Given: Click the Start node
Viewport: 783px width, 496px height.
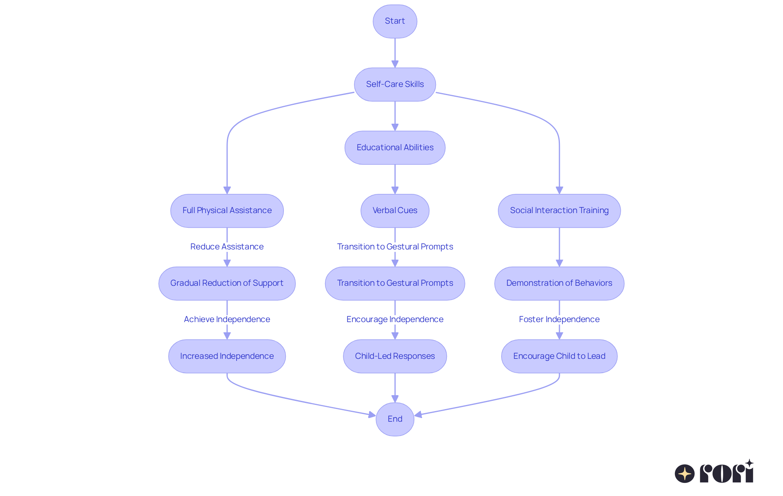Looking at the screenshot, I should pos(395,21).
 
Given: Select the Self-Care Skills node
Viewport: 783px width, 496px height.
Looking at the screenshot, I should pos(395,85).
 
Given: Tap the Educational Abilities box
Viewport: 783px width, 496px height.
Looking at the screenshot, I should pos(395,148).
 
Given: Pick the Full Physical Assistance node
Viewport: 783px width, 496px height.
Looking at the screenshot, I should pos(227,211).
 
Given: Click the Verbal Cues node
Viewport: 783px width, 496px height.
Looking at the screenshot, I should pos(395,211).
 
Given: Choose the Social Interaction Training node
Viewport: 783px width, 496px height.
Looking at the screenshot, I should pos(559,211).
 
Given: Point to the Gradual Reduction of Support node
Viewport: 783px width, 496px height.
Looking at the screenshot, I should pos(227,283).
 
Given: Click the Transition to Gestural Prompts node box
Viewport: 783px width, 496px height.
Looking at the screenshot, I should pos(395,283).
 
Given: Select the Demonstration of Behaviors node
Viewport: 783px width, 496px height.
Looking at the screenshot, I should pos(559,283).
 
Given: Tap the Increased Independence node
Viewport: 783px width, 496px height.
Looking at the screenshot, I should pos(227,356).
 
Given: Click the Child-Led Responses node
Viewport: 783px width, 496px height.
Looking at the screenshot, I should pos(395,356).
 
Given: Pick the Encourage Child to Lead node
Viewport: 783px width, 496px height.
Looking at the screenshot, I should pos(559,356).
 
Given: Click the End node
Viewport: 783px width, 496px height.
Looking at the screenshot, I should pos(395,419).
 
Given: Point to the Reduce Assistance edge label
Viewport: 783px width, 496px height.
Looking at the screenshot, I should pos(227,247).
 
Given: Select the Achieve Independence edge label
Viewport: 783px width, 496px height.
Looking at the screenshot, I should pos(227,319).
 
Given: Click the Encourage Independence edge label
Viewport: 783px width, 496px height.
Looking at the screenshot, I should pos(395,319).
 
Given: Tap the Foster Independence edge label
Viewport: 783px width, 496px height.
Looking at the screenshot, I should pos(559,319).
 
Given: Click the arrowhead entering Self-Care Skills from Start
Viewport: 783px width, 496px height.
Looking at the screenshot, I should pos(395,64).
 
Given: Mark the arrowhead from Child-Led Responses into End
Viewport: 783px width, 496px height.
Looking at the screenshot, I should pos(395,399).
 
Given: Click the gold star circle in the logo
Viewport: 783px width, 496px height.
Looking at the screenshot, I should pos(685,474).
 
